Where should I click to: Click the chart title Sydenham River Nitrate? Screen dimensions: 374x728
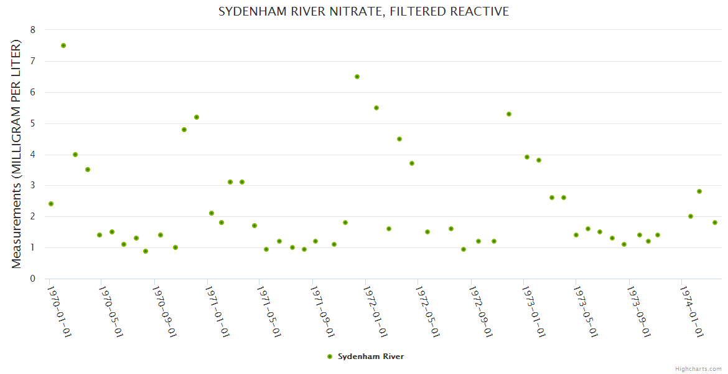point(363,12)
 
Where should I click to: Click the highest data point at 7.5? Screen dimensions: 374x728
point(63,46)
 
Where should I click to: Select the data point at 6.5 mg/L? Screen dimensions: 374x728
point(357,77)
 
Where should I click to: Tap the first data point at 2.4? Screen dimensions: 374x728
point(51,204)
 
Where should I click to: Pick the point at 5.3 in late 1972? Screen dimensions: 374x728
point(509,114)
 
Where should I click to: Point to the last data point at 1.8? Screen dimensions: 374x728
point(715,223)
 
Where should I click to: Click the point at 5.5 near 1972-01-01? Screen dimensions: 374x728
point(376,108)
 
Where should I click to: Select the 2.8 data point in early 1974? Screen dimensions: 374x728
point(699,191)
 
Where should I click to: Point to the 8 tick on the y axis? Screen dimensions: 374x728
point(33,30)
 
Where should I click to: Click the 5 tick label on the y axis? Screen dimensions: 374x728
point(33,123)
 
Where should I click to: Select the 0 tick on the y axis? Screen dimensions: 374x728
point(33,279)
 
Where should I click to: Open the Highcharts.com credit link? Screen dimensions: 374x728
point(698,368)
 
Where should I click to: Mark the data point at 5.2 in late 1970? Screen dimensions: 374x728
point(197,117)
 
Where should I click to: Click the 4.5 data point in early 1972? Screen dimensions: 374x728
point(399,139)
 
